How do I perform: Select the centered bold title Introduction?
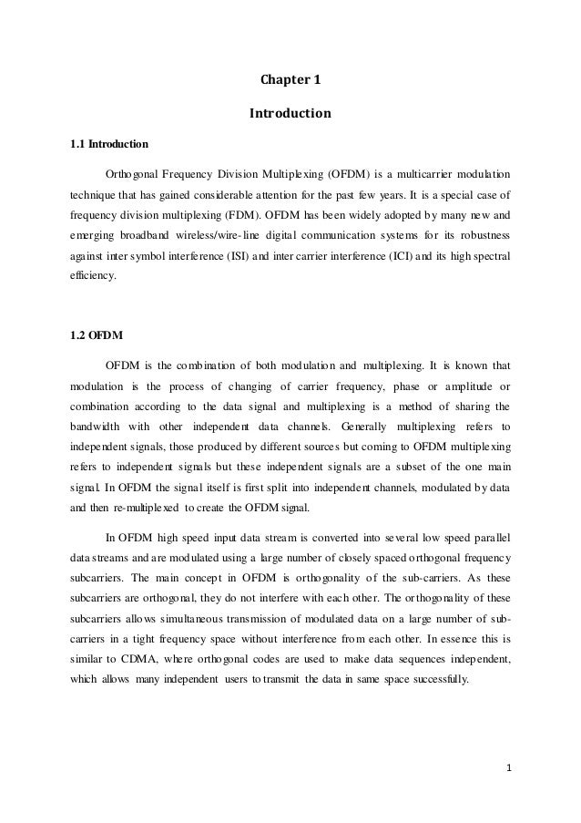pos(290,116)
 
